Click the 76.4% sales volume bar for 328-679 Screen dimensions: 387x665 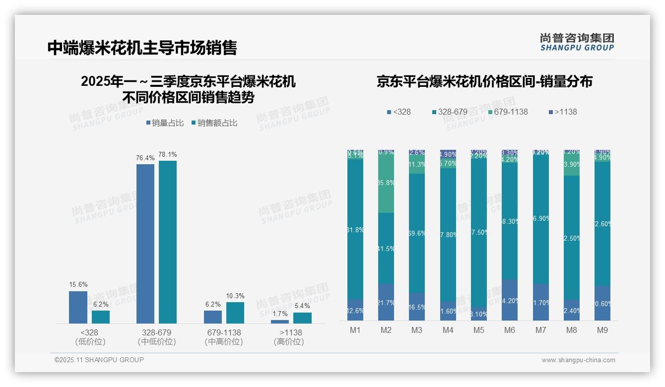[145, 243]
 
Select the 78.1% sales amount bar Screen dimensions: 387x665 [168, 242]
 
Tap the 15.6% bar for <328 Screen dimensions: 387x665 [77, 307]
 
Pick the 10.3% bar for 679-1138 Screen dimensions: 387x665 [235, 313]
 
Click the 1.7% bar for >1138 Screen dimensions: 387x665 [280, 322]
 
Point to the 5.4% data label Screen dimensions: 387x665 [302, 306]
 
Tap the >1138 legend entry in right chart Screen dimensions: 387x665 [563, 112]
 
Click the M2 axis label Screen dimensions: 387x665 [386, 330]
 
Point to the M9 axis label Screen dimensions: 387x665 [602, 330]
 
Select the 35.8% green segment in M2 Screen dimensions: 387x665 [386, 183]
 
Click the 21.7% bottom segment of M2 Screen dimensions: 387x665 [386, 302]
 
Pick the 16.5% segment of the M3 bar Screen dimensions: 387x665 [417, 307]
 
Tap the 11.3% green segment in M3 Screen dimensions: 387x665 [417, 164]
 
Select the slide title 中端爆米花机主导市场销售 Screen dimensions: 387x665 [142, 48]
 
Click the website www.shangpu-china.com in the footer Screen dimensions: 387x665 [578, 360]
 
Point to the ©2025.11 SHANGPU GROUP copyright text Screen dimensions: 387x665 [99, 360]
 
